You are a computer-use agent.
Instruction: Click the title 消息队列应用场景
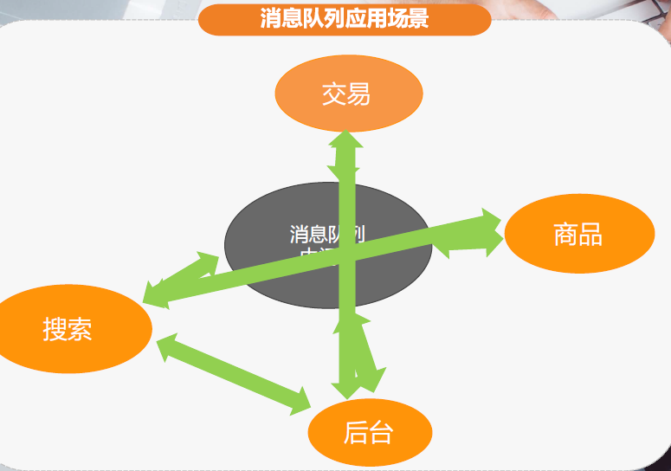click(345, 19)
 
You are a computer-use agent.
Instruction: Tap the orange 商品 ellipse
click(577, 235)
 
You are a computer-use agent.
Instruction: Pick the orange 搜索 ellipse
click(69, 329)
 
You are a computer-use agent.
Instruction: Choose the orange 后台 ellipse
click(369, 432)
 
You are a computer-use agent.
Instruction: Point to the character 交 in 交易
click(334, 94)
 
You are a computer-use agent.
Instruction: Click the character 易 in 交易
click(358, 94)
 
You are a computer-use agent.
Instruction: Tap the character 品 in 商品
click(590, 235)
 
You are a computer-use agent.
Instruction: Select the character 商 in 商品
click(566, 235)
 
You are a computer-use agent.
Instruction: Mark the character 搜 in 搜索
click(55, 329)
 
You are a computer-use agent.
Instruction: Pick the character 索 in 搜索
click(80, 329)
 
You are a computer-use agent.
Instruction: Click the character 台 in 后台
click(381, 432)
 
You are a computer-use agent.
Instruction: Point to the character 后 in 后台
click(356, 432)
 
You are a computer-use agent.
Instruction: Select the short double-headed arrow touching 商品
click(468, 245)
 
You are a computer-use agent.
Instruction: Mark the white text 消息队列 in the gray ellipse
click(326, 234)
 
